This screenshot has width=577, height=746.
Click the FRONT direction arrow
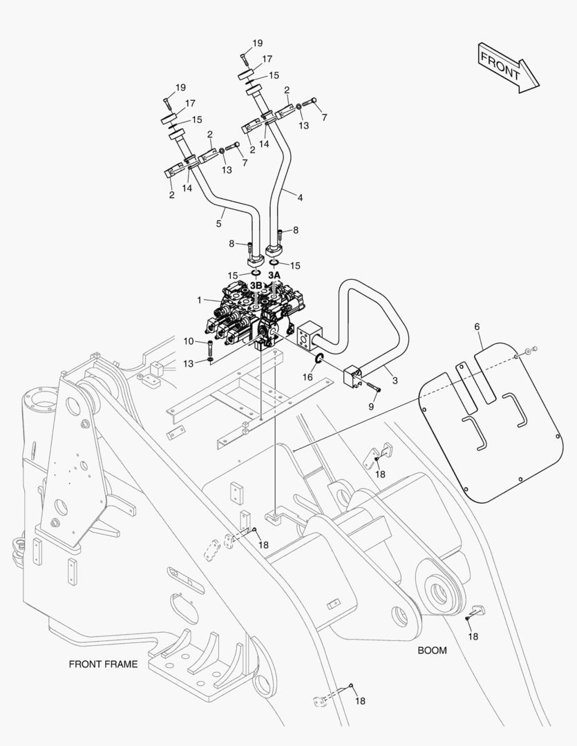point(507,66)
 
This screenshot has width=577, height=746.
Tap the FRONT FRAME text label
point(103,664)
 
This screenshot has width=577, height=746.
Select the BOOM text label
point(432,650)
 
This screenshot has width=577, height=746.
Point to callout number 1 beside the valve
point(200,300)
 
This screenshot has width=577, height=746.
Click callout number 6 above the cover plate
point(476,326)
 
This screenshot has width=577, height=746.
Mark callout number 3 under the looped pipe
point(395,380)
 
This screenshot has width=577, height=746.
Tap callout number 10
point(189,341)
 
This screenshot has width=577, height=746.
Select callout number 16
point(308,377)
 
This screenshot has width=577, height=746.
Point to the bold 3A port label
point(274,275)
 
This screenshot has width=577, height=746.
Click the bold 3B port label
point(256,285)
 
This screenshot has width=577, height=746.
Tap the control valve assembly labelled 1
point(256,314)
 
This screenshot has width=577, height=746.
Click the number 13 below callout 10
point(189,364)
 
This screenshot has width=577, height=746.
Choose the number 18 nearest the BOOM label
point(473,636)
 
